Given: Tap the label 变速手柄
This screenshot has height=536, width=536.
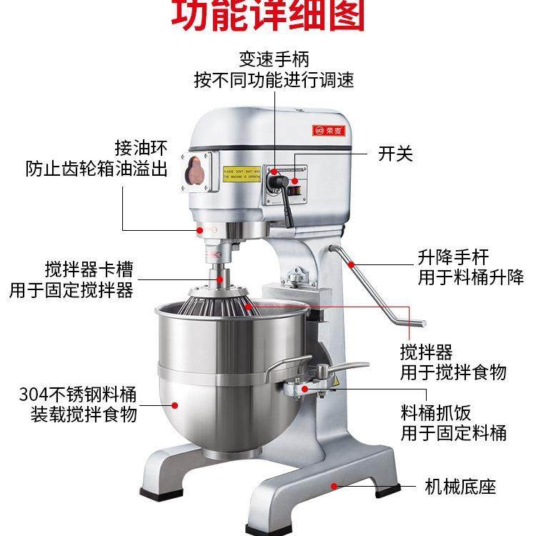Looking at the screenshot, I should coord(274,58).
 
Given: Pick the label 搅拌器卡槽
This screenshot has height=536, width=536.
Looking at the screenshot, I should coord(87,271).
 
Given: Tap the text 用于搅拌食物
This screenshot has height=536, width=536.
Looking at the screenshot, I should coord(453,372).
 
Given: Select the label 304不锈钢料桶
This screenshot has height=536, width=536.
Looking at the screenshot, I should coord(79,393).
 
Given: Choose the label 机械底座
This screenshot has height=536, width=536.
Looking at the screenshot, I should coord(460,487).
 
